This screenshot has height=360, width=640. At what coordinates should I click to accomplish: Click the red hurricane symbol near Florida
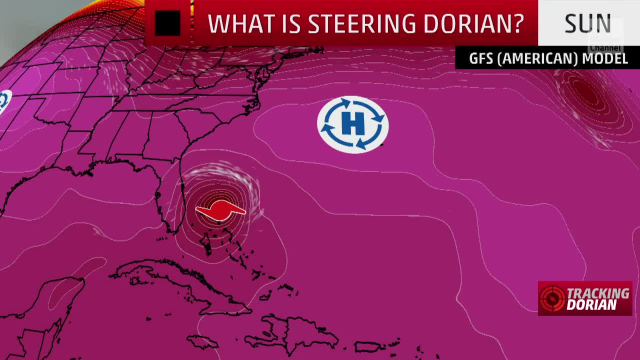pos(220,210)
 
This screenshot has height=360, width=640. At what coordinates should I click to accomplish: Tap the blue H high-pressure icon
pos(353,124)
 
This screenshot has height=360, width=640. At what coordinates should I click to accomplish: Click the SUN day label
pos(587,23)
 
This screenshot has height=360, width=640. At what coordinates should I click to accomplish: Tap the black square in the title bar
pos(167,23)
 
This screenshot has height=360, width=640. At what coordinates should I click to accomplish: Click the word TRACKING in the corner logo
pos(598,293)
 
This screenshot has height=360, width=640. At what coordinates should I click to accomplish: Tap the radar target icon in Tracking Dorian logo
pos(552,298)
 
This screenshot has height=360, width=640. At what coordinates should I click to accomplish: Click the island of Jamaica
pos(202,342)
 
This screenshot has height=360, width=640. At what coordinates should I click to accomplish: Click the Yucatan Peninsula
pos(65,295)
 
